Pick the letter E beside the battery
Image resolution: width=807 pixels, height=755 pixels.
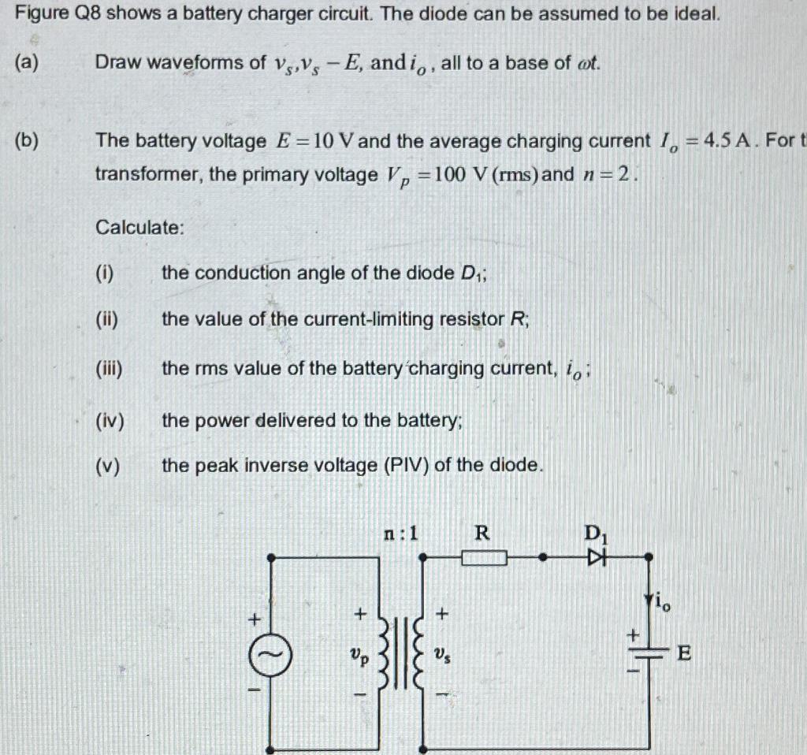[684, 653]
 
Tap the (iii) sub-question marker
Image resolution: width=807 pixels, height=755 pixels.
[110, 368]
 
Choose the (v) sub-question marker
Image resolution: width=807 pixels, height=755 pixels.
[108, 466]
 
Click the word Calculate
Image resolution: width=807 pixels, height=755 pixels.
[140, 228]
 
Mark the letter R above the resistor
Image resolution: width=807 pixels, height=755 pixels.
[482, 534]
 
